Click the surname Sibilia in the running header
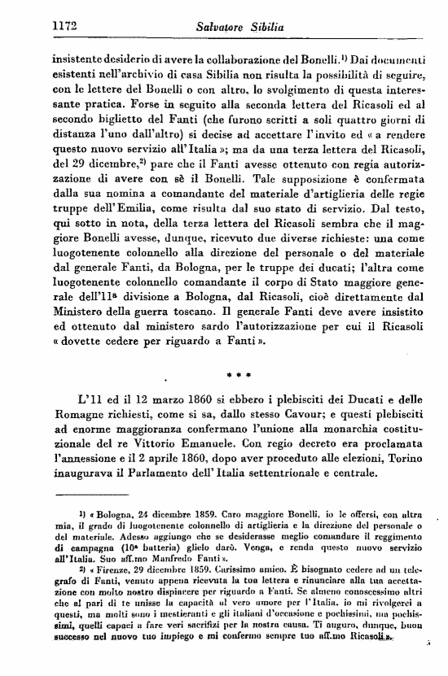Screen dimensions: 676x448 click(x=262, y=28)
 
